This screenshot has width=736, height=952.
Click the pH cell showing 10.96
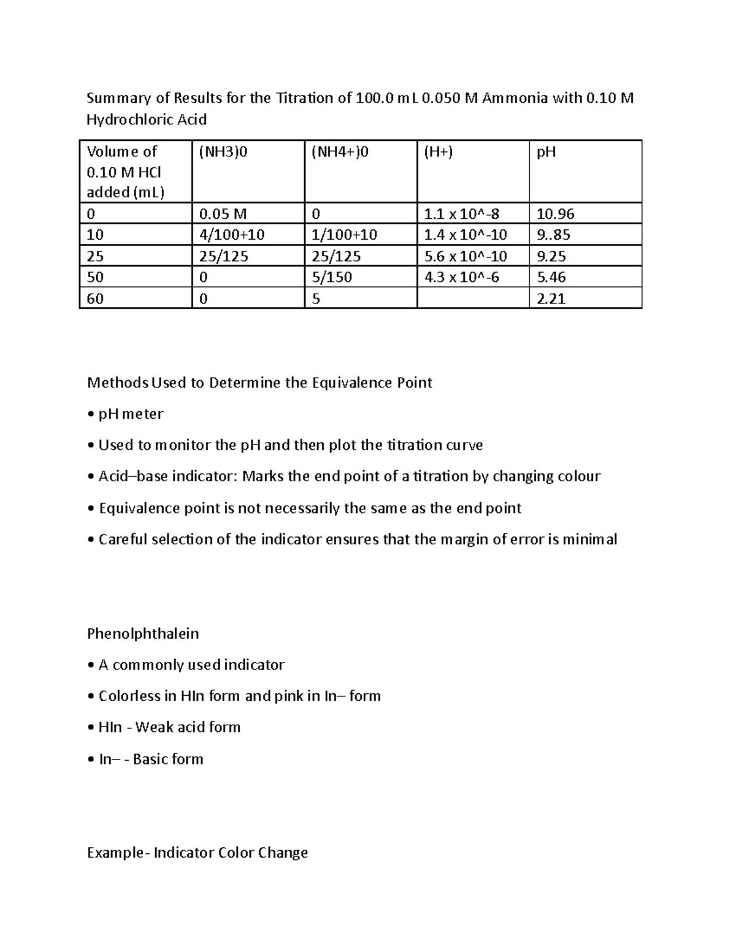pyautogui.click(x=555, y=214)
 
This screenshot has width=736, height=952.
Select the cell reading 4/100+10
pyautogui.click(x=232, y=235)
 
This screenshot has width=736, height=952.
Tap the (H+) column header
pyautogui.click(x=438, y=152)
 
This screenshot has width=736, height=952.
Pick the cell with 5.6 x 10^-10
pyautogui.click(x=466, y=256)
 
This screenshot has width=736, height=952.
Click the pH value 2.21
pyautogui.click(x=551, y=299)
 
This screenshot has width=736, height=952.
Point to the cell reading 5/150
pyautogui.click(x=332, y=277)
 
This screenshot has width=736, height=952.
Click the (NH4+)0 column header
pyautogui.click(x=340, y=152)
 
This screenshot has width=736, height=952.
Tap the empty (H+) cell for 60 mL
pyautogui.click(x=472, y=299)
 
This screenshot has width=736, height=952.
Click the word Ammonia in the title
pyautogui.click(x=515, y=98)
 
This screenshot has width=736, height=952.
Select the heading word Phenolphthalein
pyautogui.click(x=143, y=633)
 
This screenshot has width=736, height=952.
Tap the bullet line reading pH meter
pyautogui.click(x=131, y=414)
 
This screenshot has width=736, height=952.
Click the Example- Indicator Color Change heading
pyautogui.click(x=197, y=853)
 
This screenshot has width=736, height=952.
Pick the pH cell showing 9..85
pyautogui.click(x=553, y=235)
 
